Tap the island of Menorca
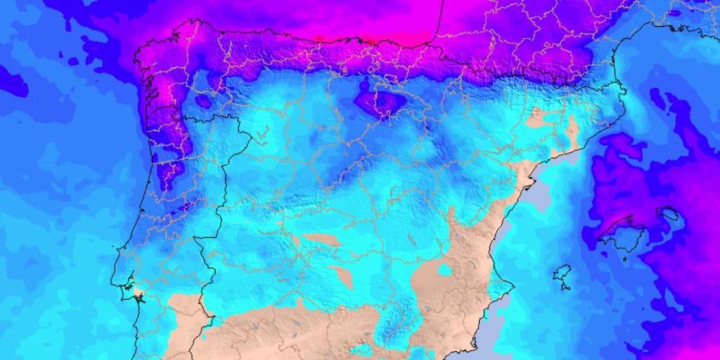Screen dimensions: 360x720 click(667, 212)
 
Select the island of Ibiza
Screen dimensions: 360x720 click(562, 272)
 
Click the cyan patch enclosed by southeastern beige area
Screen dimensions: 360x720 click(444, 269)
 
